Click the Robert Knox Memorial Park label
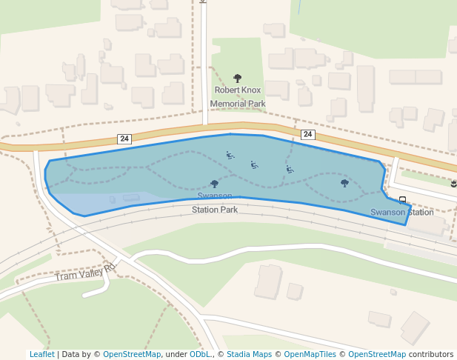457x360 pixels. pyautogui.click(x=238, y=96)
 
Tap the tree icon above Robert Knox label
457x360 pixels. pyautogui.click(x=238, y=78)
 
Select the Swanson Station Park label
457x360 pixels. pyautogui.click(x=215, y=203)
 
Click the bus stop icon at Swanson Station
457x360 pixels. pyautogui.click(x=402, y=199)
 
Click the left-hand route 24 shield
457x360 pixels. pyautogui.click(x=124, y=139)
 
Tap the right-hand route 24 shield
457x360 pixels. pyautogui.click(x=308, y=134)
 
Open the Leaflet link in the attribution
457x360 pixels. pyautogui.click(x=41, y=354)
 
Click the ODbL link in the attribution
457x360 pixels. pyautogui.click(x=200, y=354)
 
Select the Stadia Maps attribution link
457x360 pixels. pyautogui.click(x=249, y=354)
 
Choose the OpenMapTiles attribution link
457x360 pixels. pyautogui.click(x=310, y=354)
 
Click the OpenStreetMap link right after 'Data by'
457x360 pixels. pyautogui.click(x=132, y=354)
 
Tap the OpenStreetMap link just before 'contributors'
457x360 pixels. pyautogui.click(x=377, y=354)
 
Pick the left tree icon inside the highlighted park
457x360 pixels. pyautogui.click(x=215, y=183)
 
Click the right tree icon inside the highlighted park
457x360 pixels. pyautogui.click(x=344, y=182)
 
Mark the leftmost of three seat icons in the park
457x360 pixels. pyautogui.click(x=230, y=155)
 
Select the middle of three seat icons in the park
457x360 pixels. pyautogui.click(x=255, y=164)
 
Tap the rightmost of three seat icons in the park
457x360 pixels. pyautogui.click(x=290, y=170)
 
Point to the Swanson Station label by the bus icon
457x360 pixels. pyautogui.click(x=401, y=213)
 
